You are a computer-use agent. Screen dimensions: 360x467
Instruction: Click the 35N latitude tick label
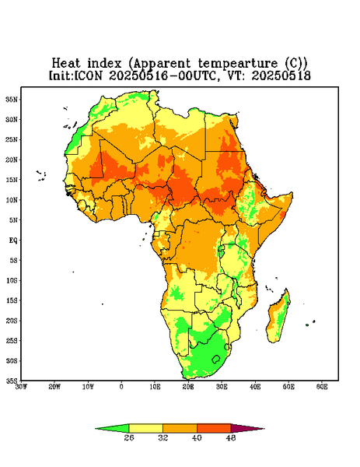(x=12, y=99)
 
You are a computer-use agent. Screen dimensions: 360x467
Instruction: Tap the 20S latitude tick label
(x=12, y=321)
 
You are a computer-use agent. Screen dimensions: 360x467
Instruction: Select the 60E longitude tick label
(x=322, y=387)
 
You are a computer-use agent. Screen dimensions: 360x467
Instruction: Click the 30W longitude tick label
(x=21, y=387)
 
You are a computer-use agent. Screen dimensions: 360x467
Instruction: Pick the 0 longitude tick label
(x=121, y=387)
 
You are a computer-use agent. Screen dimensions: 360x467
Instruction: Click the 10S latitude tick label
(x=12, y=280)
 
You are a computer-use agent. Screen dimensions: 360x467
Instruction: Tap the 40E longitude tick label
(x=255, y=387)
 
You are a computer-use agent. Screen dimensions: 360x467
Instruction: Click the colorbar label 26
(x=129, y=437)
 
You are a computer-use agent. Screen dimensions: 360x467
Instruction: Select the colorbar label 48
(x=231, y=437)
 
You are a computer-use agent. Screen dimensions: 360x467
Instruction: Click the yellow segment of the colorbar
(x=145, y=428)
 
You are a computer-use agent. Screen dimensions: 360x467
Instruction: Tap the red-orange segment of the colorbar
(x=214, y=428)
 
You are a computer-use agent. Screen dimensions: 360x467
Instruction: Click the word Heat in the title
(x=66, y=64)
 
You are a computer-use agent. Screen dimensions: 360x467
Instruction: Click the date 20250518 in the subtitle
(x=281, y=75)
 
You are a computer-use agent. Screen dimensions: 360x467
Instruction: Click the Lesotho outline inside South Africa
(x=216, y=359)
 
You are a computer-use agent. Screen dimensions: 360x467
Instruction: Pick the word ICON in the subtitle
(x=88, y=75)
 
